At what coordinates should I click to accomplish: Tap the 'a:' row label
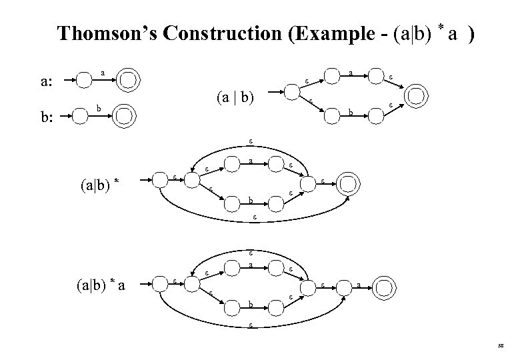pyautogui.click(x=47, y=83)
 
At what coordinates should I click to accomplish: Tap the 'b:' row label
pyautogui.click(x=47, y=119)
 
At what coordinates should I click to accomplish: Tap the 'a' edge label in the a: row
pyautogui.click(x=103, y=71)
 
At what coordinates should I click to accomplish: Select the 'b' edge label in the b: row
pyautogui.click(x=99, y=108)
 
